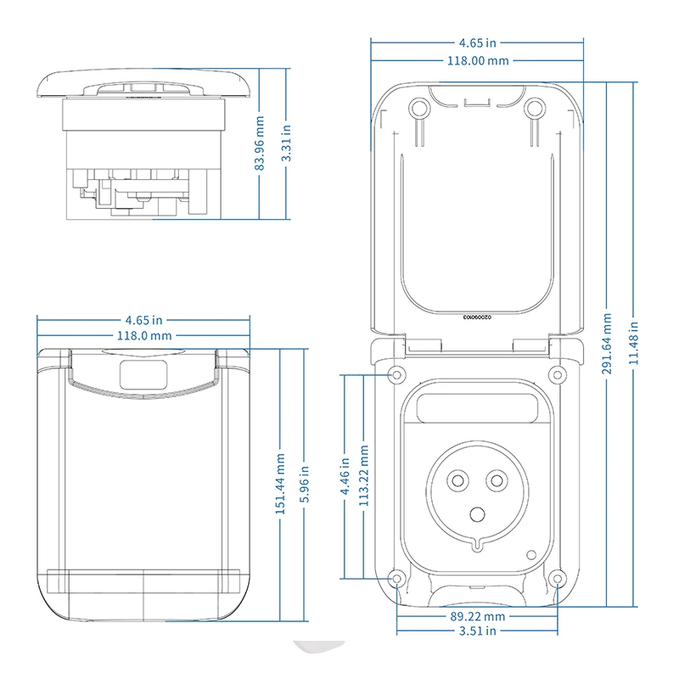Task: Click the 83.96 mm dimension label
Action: pos(261,143)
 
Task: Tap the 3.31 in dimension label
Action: pos(287,143)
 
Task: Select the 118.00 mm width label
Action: pos(477,60)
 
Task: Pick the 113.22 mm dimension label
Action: pos(365,476)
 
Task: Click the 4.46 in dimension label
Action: pos(345,476)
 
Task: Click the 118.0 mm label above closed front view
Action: pos(143,335)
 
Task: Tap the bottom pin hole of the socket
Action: pos(477,513)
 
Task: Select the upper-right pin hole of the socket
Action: pos(495,481)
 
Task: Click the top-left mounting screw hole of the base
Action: pos(396,374)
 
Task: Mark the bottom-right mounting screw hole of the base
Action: pos(556,579)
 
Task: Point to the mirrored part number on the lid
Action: pos(477,316)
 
